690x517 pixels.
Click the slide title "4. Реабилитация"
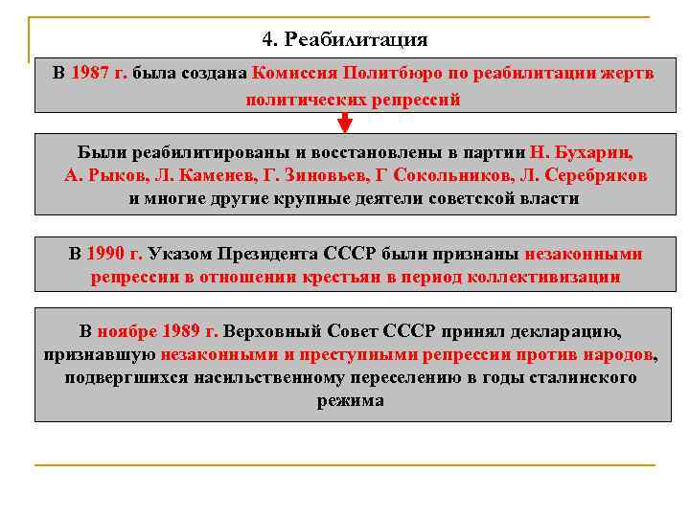[344, 40]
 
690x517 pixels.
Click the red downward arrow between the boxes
[345, 123]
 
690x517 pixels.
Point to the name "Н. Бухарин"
[583, 151]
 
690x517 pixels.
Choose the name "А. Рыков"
[99, 175]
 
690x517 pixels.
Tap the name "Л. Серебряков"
[582, 175]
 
